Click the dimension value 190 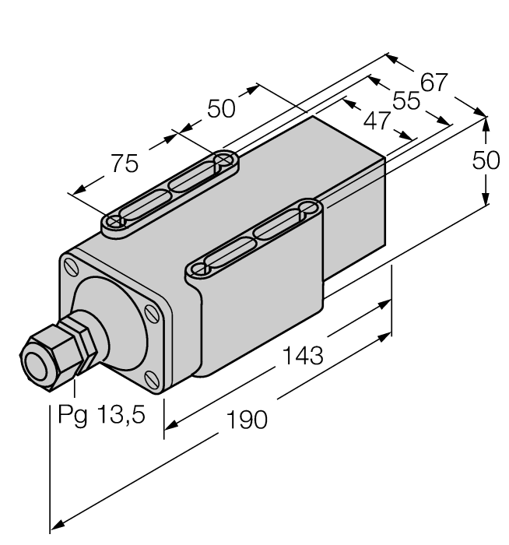[x=247, y=420]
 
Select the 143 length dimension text [x=301, y=357]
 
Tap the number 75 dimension [x=124, y=163]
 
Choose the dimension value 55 [x=404, y=101]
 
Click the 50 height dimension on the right [x=488, y=160]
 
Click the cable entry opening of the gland [x=36, y=360]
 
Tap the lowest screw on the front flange [x=151, y=378]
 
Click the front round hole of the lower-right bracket [x=200, y=270]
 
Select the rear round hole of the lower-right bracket [x=307, y=208]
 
